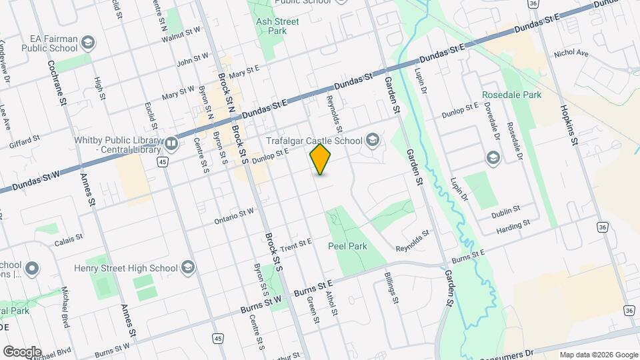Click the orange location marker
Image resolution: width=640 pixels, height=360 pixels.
click(321, 159)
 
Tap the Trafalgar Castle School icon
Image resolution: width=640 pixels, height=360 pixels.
click(372, 140)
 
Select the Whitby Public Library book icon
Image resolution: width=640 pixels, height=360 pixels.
click(171, 143)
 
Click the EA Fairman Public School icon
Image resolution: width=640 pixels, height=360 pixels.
click(87, 45)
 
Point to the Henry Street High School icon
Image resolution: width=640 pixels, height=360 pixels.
click(188, 268)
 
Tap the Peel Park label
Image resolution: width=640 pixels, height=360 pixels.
click(347, 246)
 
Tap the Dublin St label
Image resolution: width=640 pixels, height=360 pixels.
click(505, 211)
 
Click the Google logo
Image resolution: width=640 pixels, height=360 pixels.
click(21, 352)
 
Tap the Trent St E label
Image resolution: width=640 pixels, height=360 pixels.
click(297, 245)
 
